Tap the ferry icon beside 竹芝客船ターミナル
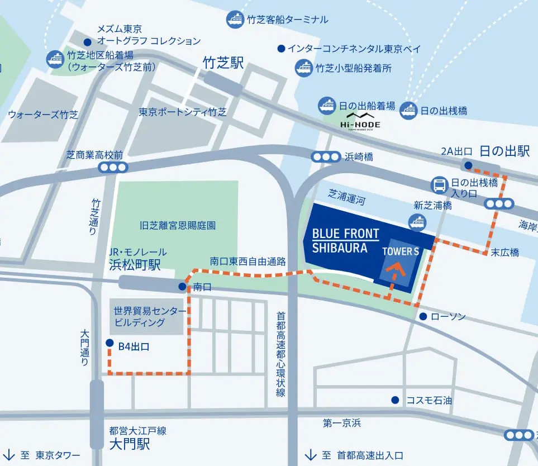pos(235,20)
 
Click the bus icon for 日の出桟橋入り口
pos(440,184)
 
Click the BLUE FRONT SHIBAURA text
pos(345,241)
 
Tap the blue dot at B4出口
pos(109,343)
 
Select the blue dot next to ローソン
pos(423,316)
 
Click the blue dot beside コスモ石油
pos(396,400)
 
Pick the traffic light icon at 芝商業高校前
pos(112,167)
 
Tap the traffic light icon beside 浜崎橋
pos(326,157)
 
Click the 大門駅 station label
pos(130,445)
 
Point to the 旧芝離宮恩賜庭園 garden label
pos(178,226)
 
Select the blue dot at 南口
pos(182,287)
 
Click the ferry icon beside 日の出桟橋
pos(409,111)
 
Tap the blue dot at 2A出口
pos(468,165)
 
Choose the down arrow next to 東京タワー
pos(9,454)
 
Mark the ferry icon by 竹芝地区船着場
pos(55,59)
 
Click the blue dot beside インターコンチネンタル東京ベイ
pos(281,49)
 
